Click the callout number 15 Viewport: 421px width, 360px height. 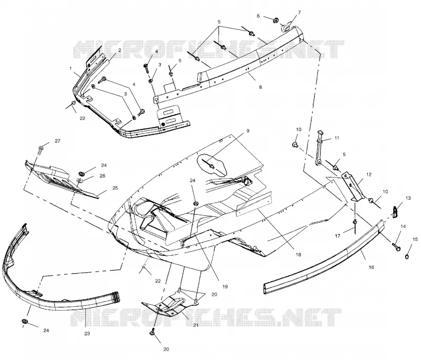pos(415,239)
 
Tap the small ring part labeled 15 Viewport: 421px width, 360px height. pos(407,257)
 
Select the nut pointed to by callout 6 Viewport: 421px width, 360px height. pos(275,20)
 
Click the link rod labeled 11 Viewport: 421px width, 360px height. pos(319,148)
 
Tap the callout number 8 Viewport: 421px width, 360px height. pos(260,87)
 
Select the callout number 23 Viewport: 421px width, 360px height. pos(87,334)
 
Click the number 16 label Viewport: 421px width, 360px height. pos(372,267)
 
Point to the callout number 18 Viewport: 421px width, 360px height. pos(298,255)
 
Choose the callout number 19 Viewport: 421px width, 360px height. pos(225,286)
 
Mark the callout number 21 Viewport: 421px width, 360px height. pos(195,325)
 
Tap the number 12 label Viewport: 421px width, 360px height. pos(369,175)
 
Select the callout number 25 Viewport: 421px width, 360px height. pos(115,188)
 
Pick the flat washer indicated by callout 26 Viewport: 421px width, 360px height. pos(80,180)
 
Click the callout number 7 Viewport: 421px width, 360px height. pos(299,12)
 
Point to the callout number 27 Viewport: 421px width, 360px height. pos(57,141)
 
